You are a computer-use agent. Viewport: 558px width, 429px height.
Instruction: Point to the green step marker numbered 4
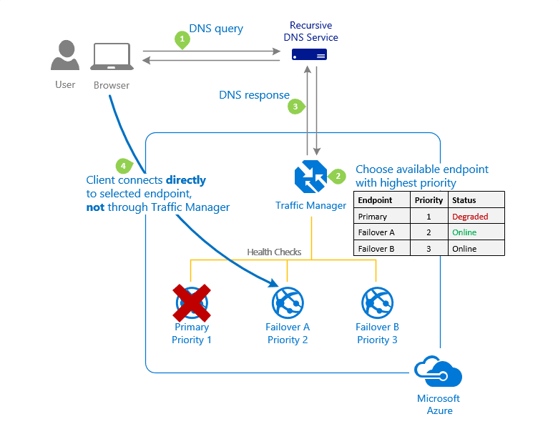[x=124, y=166]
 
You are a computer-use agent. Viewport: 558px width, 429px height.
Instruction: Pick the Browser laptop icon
[x=111, y=57]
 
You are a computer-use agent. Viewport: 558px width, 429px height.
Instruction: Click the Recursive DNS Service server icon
[x=310, y=55]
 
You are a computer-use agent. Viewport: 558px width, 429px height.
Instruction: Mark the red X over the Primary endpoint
[x=192, y=302]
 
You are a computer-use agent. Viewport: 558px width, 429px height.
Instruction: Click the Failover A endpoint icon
[x=288, y=303]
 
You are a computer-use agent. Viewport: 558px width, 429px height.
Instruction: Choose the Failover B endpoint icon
[x=377, y=303]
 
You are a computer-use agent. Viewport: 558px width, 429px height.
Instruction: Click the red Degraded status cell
[x=470, y=217]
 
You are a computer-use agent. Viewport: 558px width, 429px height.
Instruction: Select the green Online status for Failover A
[x=464, y=232]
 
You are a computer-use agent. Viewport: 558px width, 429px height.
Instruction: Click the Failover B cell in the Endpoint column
[x=376, y=249]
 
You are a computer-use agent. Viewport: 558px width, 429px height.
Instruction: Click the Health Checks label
[x=274, y=252]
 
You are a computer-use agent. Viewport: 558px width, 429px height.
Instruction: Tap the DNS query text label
[x=216, y=29]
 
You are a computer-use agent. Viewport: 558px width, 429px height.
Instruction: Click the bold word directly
[x=186, y=180]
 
